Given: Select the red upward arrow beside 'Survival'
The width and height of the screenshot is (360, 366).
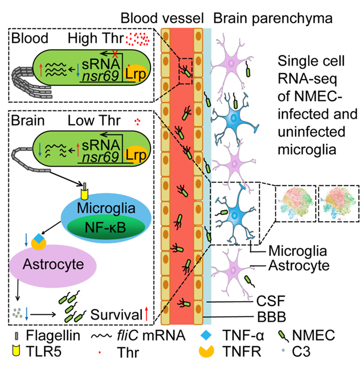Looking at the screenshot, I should pos(146,315).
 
